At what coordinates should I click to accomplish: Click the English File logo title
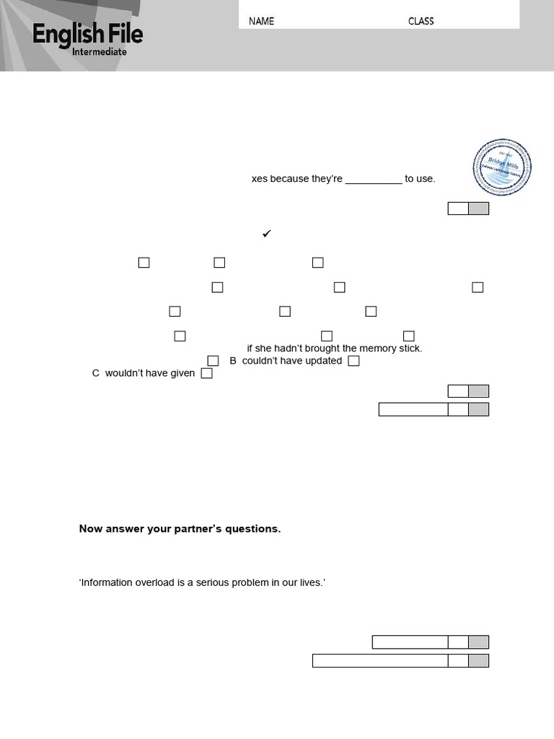pos(87,35)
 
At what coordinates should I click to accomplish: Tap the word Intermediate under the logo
pos(100,52)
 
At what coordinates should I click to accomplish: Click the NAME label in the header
pos(261,21)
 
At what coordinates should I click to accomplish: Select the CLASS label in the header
pos(421,21)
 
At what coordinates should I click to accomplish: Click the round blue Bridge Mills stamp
pos(502,167)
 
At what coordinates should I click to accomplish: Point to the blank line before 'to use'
pos(374,180)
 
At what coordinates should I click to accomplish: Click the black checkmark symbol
pos(266,234)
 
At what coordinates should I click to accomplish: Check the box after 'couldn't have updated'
pos(353,361)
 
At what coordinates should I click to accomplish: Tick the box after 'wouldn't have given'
pos(206,374)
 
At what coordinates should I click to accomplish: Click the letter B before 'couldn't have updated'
pos(233,361)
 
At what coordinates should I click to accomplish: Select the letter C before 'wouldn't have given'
pos(96,374)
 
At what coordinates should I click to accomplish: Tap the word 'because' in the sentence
pos(289,179)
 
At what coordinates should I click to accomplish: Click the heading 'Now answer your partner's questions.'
pos(180,529)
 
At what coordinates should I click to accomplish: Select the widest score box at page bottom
pos(380,660)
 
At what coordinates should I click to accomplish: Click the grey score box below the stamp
pos(478,209)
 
